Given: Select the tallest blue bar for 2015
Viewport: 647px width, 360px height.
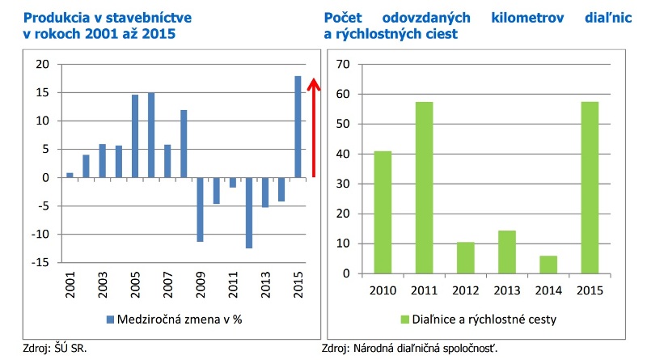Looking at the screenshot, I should [298, 127].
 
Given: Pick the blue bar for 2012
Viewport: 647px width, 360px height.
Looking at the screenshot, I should [248, 213].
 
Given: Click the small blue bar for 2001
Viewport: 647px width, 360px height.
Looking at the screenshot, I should [70, 176].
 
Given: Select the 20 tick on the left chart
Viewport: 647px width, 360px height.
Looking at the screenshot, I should [43, 65].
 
